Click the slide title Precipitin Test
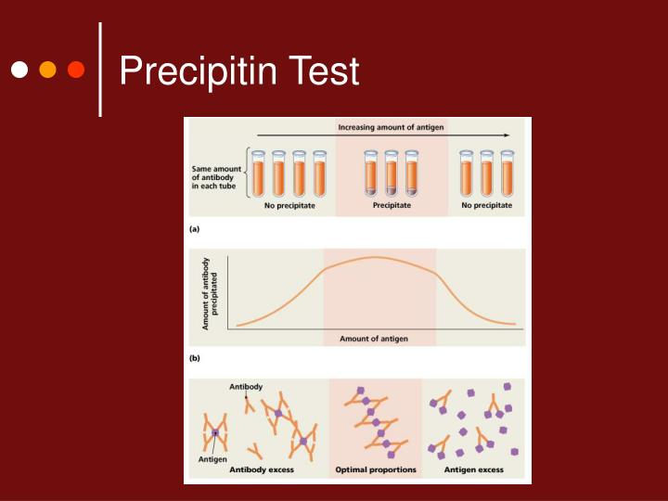(238, 71)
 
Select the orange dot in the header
(47, 71)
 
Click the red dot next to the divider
(76, 71)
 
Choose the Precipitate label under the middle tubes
(392, 205)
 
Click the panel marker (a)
(195, 227)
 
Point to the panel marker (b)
(195, 356)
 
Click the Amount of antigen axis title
(373, 339)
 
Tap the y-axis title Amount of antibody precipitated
(210, 293)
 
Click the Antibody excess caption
(262, 470)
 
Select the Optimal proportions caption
(376, 470)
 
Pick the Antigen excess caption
(474, 470)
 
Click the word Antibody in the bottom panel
(246, 386)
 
